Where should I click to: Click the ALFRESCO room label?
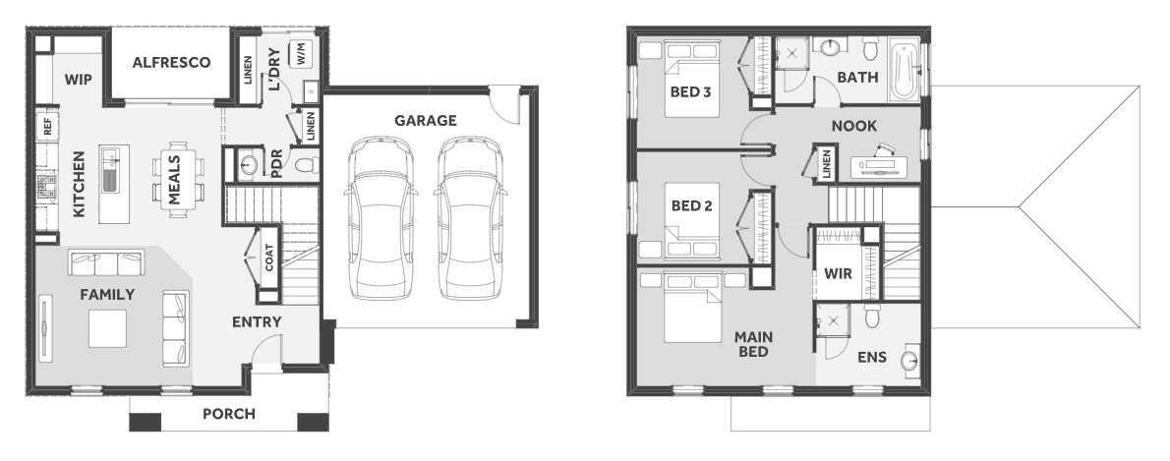pos(171,63)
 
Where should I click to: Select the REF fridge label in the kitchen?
pos(48,126)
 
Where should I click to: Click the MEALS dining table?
pos(178,180)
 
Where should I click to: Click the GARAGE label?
pos(426,120)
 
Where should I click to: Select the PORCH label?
pos(228,414)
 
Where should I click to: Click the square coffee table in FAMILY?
pos(107,329)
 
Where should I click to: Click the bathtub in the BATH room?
pos(904,73)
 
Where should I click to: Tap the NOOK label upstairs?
pos(854,126)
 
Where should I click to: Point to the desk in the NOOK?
pos(879,167)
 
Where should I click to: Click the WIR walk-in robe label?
pos(838,274)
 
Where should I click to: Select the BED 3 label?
pos(690,92)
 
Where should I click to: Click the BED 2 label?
pos(692,205)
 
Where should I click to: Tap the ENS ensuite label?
pos(871,358)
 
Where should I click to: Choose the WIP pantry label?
pos(78,79)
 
